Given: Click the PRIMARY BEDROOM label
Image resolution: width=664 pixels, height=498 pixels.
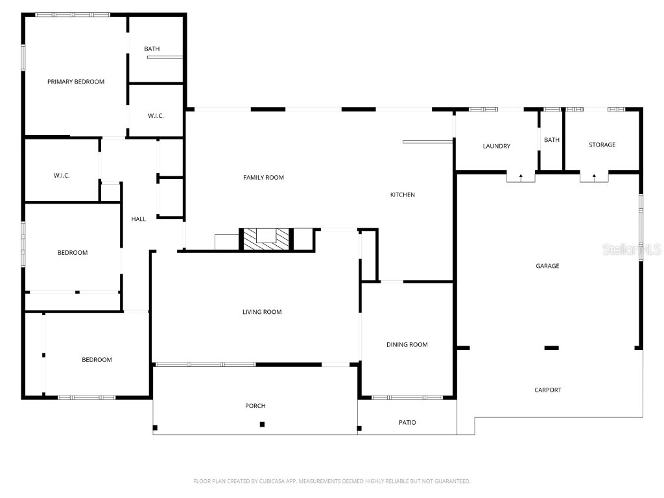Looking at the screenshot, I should [x=76, y=82].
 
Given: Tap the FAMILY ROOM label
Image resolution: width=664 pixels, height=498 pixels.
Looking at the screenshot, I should [x=263, y=178].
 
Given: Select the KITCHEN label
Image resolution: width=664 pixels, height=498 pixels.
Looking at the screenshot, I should [x=402, y=195].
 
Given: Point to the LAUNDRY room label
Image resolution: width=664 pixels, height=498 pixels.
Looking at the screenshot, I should [x=497, y=147].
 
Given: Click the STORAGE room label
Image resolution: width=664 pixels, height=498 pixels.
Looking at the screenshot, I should [x=602, y=145].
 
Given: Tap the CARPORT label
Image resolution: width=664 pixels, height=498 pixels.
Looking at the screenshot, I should [x=548, y=390].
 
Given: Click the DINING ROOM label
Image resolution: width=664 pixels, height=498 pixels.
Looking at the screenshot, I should [x=407, y=345].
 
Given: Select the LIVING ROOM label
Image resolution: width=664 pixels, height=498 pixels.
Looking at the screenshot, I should [x=262, y=313].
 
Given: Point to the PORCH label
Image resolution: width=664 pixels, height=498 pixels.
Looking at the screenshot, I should [x=255, y=407].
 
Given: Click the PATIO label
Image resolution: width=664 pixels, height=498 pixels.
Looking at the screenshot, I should [x=407, y=423].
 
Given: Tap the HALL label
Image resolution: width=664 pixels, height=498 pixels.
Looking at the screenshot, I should [x=139, y=219].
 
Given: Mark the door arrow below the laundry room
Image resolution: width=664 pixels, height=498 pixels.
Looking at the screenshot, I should [x=521, y=176].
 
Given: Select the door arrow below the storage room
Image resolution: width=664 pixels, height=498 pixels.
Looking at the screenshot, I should [x=594, y=176].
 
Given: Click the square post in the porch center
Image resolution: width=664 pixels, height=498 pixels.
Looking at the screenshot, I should [x=262, y=425].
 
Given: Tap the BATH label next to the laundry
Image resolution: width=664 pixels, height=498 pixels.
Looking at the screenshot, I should [x=552, y=141].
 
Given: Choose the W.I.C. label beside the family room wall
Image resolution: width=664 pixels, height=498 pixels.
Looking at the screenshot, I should [x=156, y=116].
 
